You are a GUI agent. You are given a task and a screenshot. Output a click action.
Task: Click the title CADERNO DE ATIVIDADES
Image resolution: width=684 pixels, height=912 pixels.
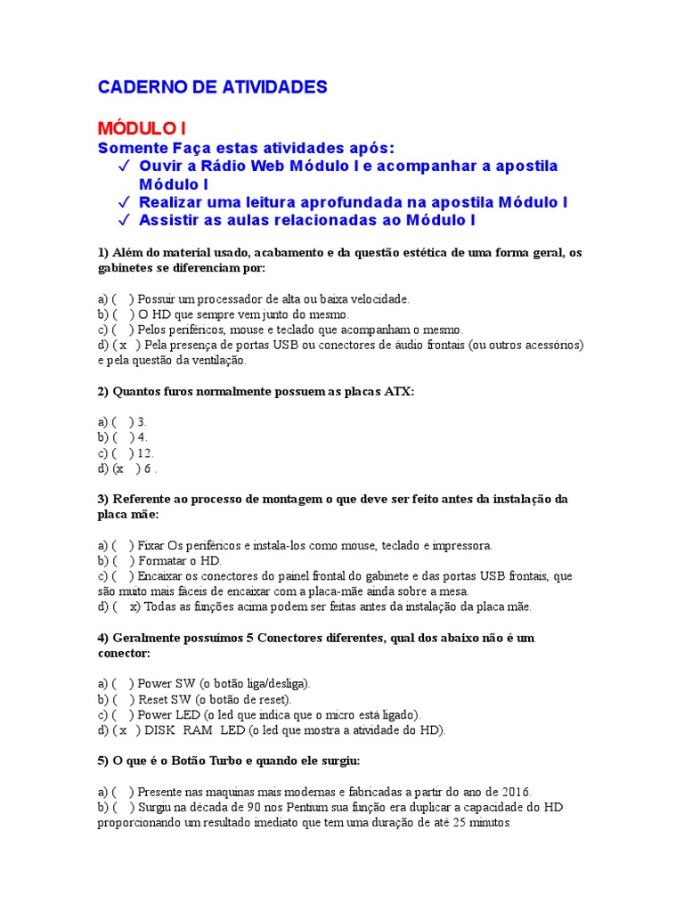(x=212, y=87)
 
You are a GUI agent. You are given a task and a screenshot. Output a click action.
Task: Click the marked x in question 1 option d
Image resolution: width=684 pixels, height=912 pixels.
(x=124, y=345)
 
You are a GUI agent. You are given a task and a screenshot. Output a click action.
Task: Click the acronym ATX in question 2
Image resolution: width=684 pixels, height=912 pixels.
(x=399, y=391)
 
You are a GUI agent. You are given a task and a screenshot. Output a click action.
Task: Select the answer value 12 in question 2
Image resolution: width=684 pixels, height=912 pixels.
(x=146, y=452)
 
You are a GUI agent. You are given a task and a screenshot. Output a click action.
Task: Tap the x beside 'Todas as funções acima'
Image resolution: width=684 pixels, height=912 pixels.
(x=134, y=607)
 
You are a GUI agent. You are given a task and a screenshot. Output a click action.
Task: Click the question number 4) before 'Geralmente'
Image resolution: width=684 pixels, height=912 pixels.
(x=102, y=639)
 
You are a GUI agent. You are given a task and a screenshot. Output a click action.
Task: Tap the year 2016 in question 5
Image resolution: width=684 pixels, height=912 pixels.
(x=515, y=792)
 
